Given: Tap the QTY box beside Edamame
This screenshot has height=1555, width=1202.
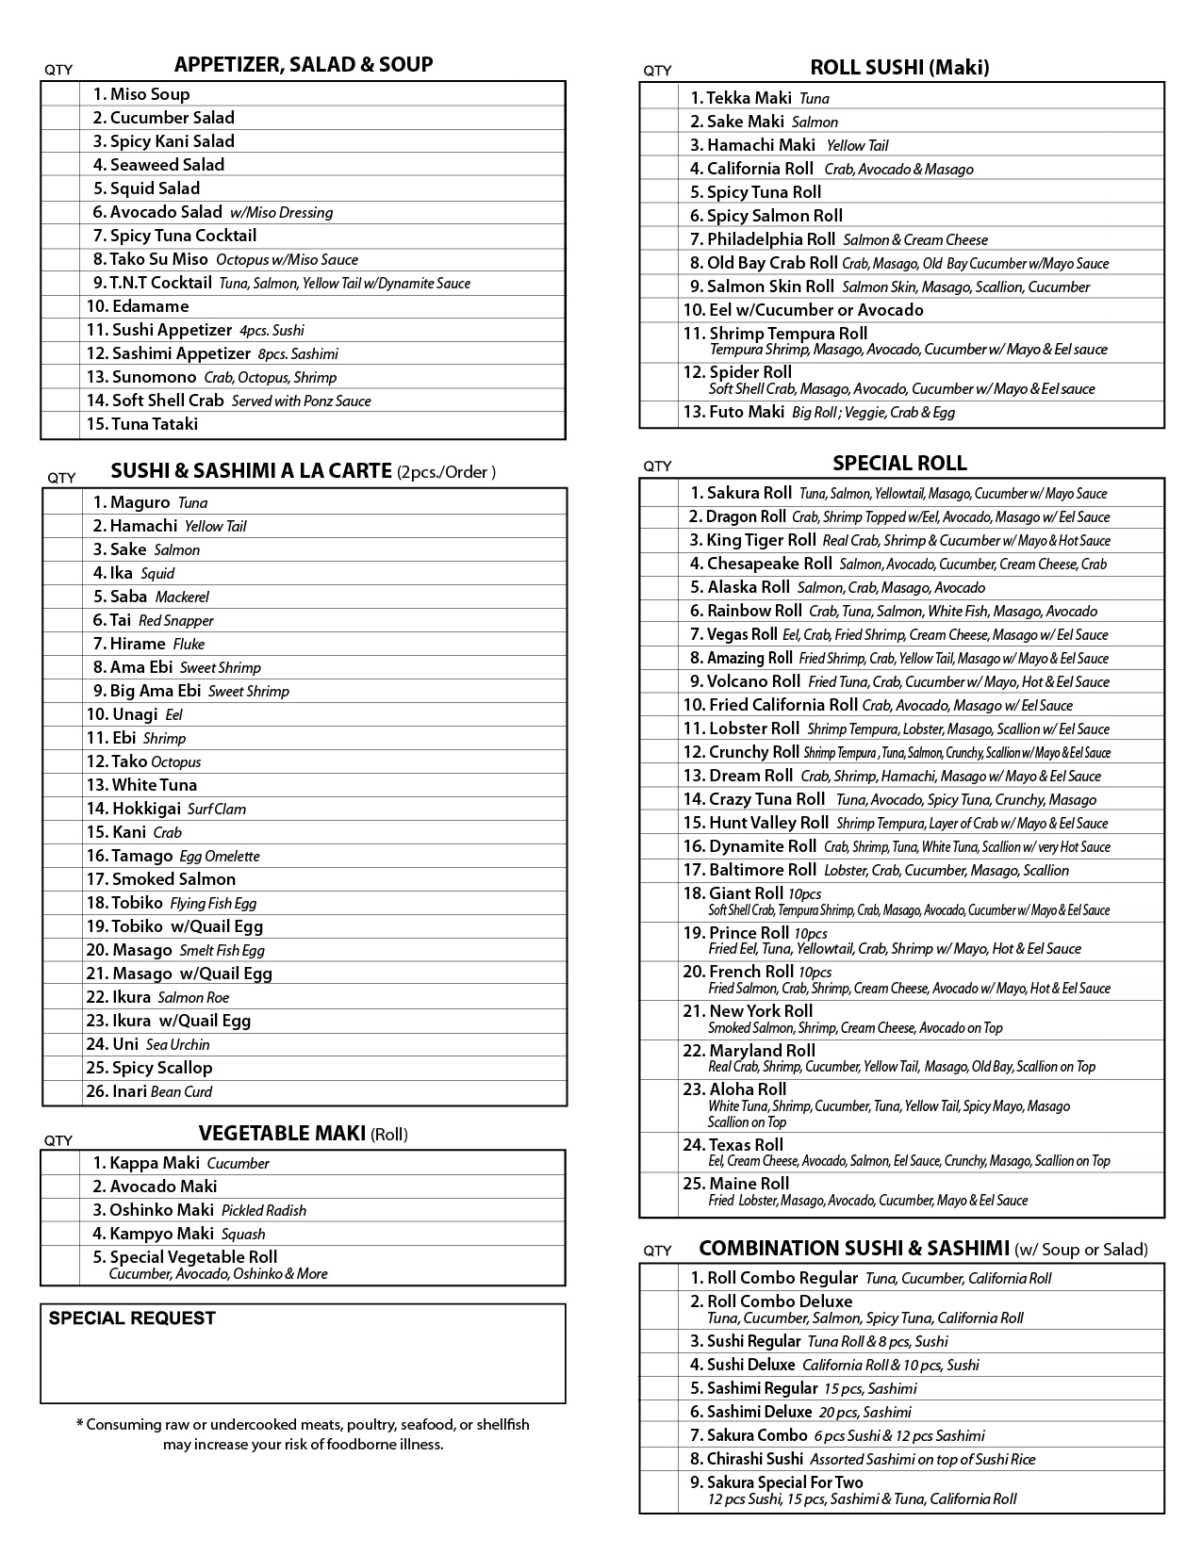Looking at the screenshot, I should [60, 306].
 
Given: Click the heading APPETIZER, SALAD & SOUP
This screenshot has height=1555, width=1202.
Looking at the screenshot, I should [304, 65].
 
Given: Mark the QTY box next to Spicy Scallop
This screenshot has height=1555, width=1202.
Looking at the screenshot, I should [62, 1068].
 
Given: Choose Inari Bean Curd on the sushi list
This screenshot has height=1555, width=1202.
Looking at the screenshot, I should [162, 1091].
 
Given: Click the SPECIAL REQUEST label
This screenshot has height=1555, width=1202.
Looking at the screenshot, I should [132, 1318].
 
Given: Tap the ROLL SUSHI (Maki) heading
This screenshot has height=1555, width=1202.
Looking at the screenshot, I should [899, 67].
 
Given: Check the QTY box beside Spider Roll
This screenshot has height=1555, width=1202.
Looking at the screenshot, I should [659, 381].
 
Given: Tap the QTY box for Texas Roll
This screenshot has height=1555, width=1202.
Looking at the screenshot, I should [659, 1153].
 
